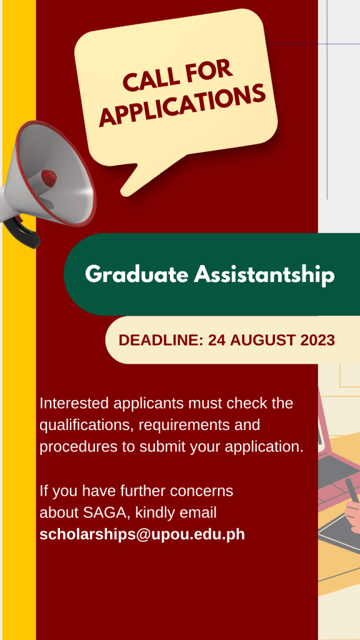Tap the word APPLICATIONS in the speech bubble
[182, 105]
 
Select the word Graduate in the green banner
[137, 274]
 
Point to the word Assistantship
[264, 274]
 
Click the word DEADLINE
[161, 340]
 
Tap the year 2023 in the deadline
[317, 340]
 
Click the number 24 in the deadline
[217, 340]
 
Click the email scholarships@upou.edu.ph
[142, 534]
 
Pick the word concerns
[202, 491]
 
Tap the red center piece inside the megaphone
[49, 178]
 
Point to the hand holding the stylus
[352, 514]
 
